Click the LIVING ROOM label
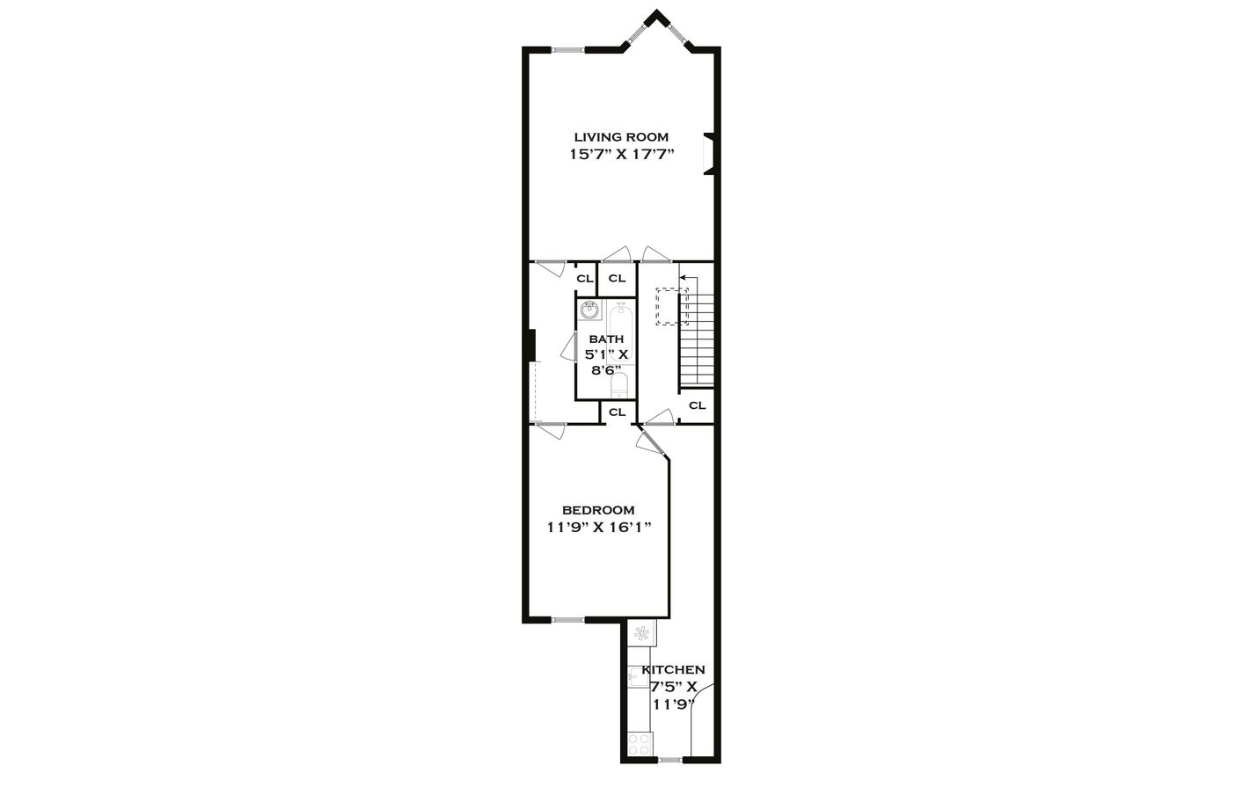coord(621,137)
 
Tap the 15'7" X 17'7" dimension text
coord(621,155)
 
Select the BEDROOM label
coord(598,510)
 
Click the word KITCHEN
coord(673,670)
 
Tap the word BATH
coord(606,339)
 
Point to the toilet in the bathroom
coord(619,384)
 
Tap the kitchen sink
coord(637,676)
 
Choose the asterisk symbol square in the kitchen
coord(641,633)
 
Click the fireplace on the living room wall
coord(709,154)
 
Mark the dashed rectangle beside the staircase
coord(672,306)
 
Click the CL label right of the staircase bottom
coord(697,405)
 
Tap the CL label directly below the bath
coord(617,412)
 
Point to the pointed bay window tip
coord(654,14)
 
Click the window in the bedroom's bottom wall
coord(567,620)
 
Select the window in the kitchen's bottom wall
coord(669,759)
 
